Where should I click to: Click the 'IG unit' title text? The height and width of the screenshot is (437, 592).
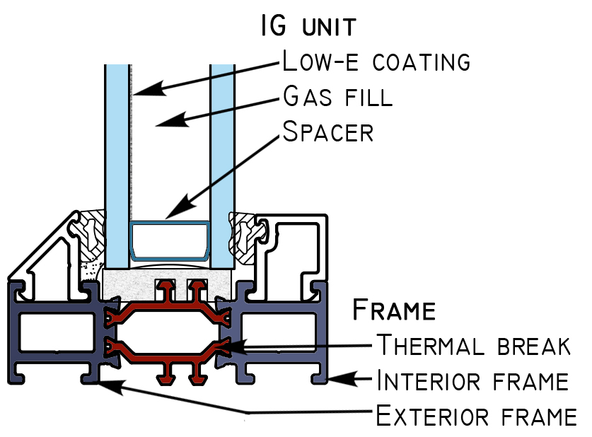(308, 25)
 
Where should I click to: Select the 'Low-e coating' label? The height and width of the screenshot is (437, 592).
(376, 61)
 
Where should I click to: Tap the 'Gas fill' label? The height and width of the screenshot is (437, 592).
(338, 96)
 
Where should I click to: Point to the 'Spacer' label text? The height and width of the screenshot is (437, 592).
(328, 132)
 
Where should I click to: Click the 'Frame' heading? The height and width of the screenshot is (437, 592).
(394, 310)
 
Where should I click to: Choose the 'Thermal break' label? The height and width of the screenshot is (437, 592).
(474, 344)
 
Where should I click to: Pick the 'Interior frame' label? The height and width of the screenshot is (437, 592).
(472, 380)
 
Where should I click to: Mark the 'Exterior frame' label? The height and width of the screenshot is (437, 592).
(477, 416)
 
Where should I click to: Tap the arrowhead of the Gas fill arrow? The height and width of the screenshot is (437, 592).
(156, 125)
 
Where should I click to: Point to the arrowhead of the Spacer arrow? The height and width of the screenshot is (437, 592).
(166, 218)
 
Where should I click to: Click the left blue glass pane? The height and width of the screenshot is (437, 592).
(117, 166)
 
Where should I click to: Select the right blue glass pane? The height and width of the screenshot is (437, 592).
(222, 166)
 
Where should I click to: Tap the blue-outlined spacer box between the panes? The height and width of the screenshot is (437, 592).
(170, 223)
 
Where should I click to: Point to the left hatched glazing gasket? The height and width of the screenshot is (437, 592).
(90, 235)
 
